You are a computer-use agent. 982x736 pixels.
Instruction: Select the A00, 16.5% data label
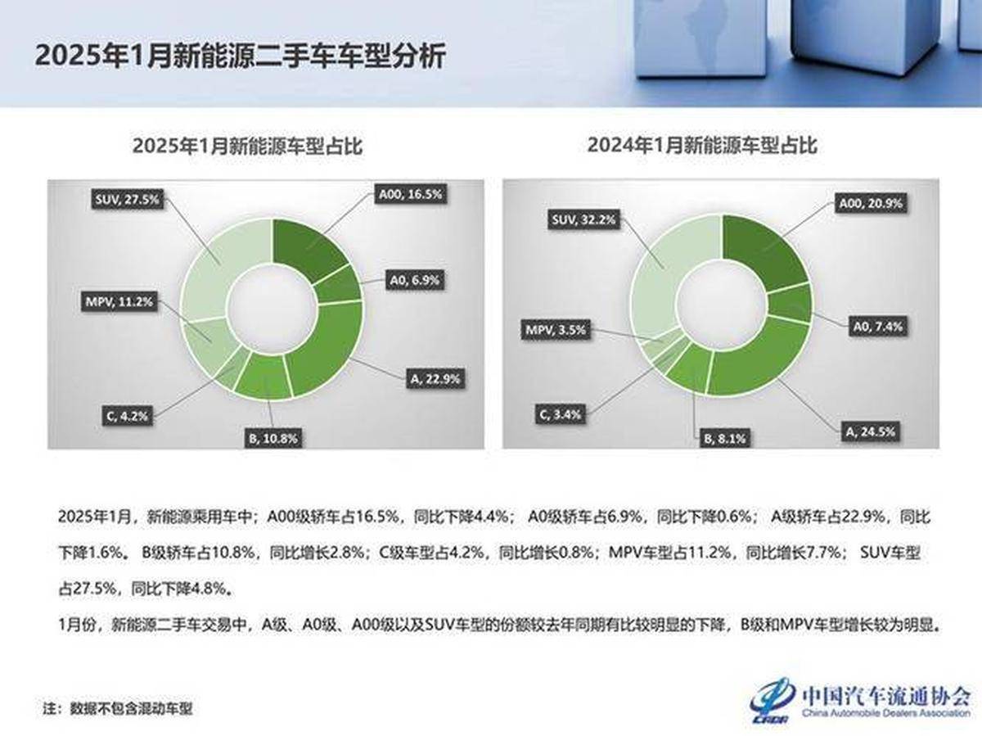(409, 195)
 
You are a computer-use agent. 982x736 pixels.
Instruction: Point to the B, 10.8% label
(273, 439)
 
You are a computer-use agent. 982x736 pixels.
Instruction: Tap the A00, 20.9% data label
(868, 203)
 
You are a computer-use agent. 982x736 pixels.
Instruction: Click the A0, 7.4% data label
(875, 327)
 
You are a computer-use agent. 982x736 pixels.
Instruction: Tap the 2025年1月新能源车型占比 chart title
(248, 147)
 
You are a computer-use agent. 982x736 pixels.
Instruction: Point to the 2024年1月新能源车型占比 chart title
(702, 147)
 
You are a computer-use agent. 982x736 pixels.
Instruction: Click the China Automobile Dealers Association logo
(859, 700)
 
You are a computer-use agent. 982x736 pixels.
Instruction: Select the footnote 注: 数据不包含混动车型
(118, 707)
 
